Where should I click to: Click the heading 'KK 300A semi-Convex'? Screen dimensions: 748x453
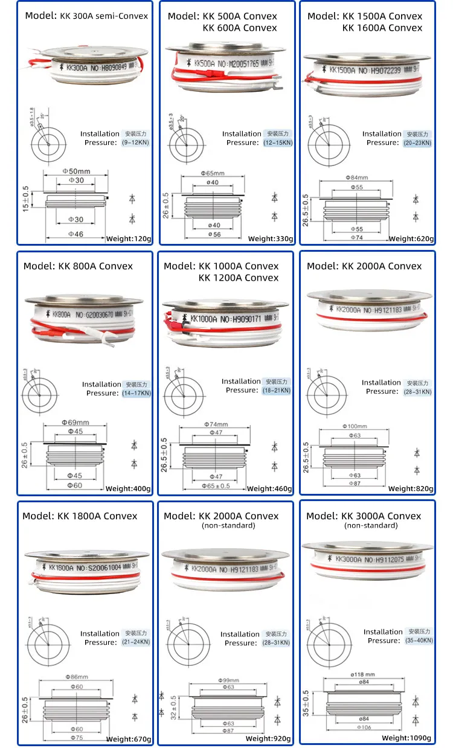(86, 16)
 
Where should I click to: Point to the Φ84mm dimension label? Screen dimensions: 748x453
(356, 177)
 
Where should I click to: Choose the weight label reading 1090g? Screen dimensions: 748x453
(407, 738)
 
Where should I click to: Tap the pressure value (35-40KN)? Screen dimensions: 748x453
(419, 641)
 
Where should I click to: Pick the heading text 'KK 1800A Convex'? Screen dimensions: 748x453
(80, 516)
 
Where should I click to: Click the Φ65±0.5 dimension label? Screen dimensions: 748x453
(216, 485)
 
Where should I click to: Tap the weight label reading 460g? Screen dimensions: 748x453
(269, 489)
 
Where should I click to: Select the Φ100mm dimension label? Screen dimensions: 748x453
(356, 427)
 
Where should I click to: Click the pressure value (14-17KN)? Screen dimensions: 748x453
(137, 393)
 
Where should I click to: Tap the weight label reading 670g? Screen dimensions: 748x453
(129, 739)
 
